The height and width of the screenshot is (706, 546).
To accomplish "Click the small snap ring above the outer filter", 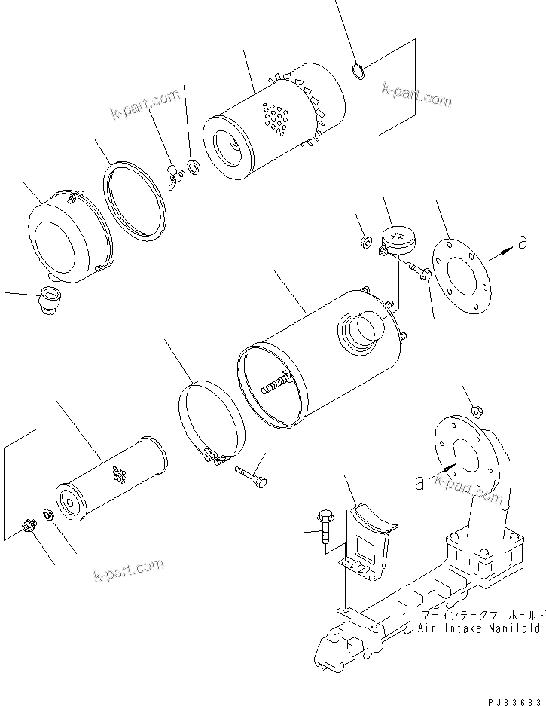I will tap(358, 72).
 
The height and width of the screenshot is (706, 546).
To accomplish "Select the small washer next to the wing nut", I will tap(194, 166).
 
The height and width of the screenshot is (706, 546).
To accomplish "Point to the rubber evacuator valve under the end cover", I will tap(49, 298).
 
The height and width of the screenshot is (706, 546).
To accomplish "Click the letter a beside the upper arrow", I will tap(522, 242).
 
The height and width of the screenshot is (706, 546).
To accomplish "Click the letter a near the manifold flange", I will tap(419, 483).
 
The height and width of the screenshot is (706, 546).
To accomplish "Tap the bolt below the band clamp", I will tap(251, 477).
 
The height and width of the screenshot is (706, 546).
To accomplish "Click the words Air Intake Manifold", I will tap(479, 627).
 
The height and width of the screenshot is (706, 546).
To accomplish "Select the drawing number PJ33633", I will tap(509, 698).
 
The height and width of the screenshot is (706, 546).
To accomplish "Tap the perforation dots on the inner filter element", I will tap(118, 475).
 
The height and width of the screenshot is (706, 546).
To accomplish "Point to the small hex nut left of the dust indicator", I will tap(362, 241).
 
